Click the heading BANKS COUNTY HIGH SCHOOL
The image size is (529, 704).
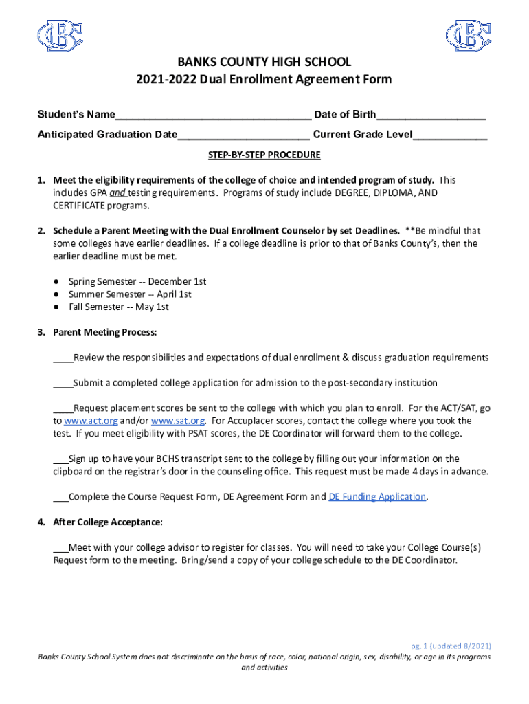click(x=264, y=62)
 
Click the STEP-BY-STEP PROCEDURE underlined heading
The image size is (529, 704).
click(x=264, y=155)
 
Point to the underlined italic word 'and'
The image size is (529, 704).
click(x=117, y=193)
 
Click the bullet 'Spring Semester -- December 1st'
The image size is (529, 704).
click(x=137, y=282)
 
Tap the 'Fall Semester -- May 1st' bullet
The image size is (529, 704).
click(x=118, y=307)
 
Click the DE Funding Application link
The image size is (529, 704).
click(x=378, y=497)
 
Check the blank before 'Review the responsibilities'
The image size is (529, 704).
click(x=63, y=357)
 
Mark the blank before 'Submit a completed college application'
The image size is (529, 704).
click(x=63, y=383)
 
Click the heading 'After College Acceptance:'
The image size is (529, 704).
click(x=108, y=522)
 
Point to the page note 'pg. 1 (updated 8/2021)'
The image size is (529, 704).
click(x=451, y=646)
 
